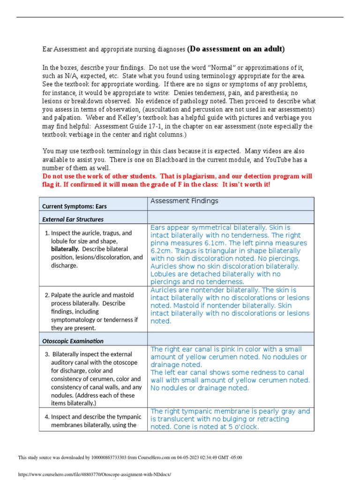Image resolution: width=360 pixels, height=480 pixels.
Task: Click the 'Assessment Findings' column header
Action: point(184,201)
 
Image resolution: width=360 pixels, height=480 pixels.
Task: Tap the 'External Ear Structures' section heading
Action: point(73,219)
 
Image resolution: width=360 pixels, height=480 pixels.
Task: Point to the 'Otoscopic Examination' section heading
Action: point(73,341)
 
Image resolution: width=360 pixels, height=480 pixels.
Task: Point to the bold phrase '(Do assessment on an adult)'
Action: point(236,49)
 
